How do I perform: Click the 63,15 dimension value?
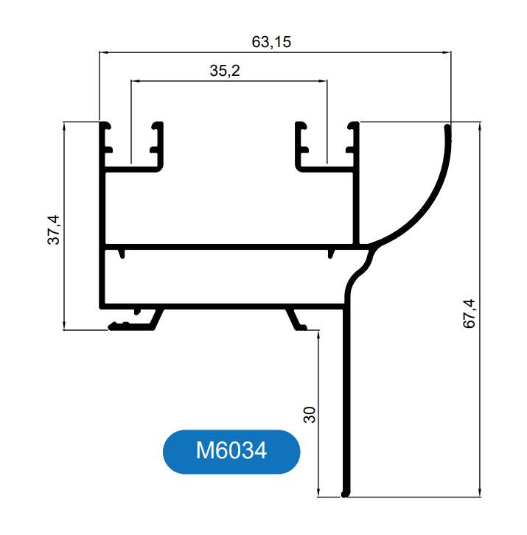271,42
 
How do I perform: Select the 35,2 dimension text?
225,71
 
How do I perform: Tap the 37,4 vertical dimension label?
54,230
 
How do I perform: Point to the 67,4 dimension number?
469,314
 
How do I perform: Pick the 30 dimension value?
310,415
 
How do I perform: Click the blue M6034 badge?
231,452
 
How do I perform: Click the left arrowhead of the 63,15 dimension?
103,52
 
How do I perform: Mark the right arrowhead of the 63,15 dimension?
447,52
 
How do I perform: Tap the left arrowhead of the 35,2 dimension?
136,81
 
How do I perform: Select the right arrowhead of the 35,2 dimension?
323,81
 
